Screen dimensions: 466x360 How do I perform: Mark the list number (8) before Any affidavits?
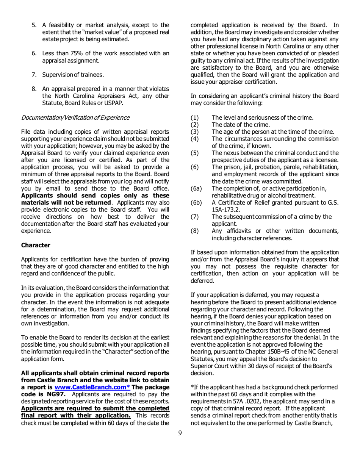coord(195,231)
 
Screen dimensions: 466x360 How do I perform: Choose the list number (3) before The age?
coord(195,131)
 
